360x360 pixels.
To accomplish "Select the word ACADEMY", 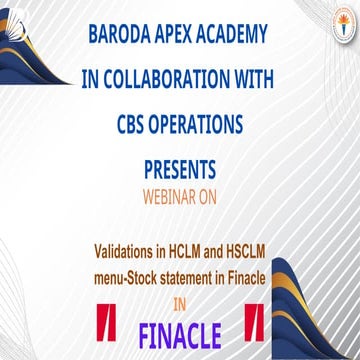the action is (x=232, y=34).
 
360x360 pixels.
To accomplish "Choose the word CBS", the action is (x=130, y=125).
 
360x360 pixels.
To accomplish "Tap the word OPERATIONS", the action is (x=196, y=125).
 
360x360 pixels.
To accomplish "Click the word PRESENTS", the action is (x=180, y=170).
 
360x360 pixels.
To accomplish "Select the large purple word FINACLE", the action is (x=180, y=335).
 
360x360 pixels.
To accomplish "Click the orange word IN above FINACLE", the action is (x=180, y=306).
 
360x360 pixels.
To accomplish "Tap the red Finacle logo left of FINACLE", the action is (x=106, y=322).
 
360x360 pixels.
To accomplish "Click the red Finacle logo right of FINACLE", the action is (x=254, y=322).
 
